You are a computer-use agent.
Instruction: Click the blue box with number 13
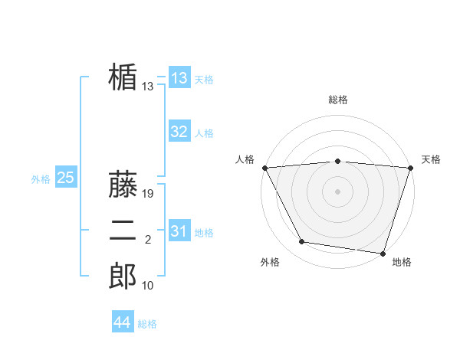[x=179, y=78]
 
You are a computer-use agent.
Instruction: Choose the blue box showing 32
[x=179, y=132]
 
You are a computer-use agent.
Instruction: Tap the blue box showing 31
[x=179, y=231]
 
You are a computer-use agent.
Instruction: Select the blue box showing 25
[x=66, y=178]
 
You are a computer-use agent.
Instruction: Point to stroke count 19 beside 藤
[x=149, y=194]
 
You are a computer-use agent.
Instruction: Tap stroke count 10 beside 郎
[x=148, y=286]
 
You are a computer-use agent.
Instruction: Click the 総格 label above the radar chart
[x=338, y=100]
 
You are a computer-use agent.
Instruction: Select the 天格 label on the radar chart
[x=431, y=159]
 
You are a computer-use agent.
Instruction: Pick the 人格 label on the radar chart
[x=245, y=159]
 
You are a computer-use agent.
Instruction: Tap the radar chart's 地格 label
[x=402, y=262]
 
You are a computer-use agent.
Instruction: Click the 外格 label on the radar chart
[x=270, y=262]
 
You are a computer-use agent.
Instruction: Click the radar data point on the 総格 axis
[x=338, y=161]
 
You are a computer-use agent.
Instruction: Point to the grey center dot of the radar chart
[x=338, y=191]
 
